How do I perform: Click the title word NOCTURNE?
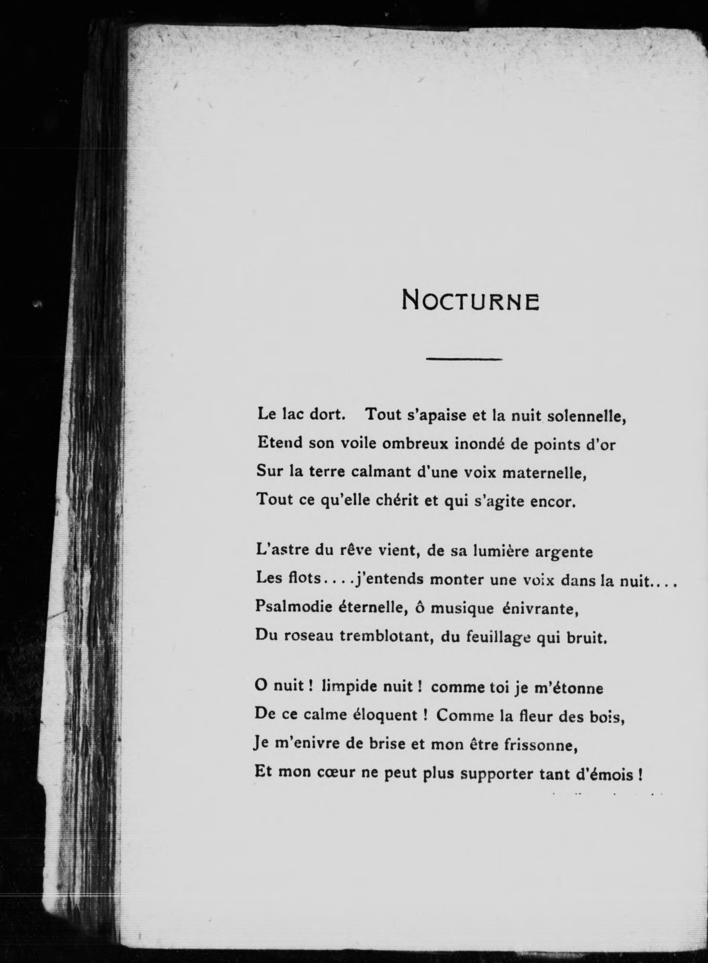[x=470, y=300]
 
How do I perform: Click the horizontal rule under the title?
[x=464, y=359]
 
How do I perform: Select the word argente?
[x=565, y=551]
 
